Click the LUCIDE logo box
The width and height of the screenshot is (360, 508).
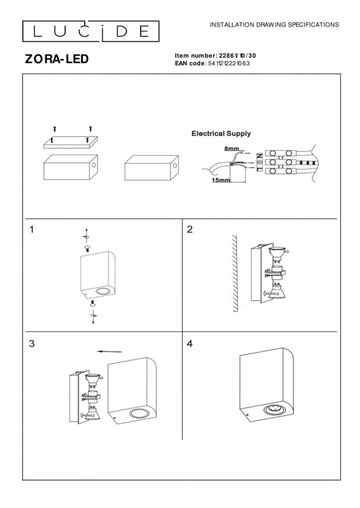91,31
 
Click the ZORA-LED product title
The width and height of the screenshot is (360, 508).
57,59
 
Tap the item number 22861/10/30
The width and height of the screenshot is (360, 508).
237,56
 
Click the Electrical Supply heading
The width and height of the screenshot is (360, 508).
221,133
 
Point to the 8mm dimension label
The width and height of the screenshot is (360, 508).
231,148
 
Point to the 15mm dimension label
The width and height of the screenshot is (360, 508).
221,180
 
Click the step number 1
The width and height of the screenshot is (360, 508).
32,229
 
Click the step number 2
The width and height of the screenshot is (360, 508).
189,229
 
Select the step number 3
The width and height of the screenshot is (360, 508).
32,343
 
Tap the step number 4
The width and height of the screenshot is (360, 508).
189,343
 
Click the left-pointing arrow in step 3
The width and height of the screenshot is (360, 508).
110,351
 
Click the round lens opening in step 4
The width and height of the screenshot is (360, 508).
271,410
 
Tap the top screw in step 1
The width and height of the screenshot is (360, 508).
87,247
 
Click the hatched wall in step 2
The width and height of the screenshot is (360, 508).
235,273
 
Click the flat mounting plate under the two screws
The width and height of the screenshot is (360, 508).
71,142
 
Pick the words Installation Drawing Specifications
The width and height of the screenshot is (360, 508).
275,24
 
